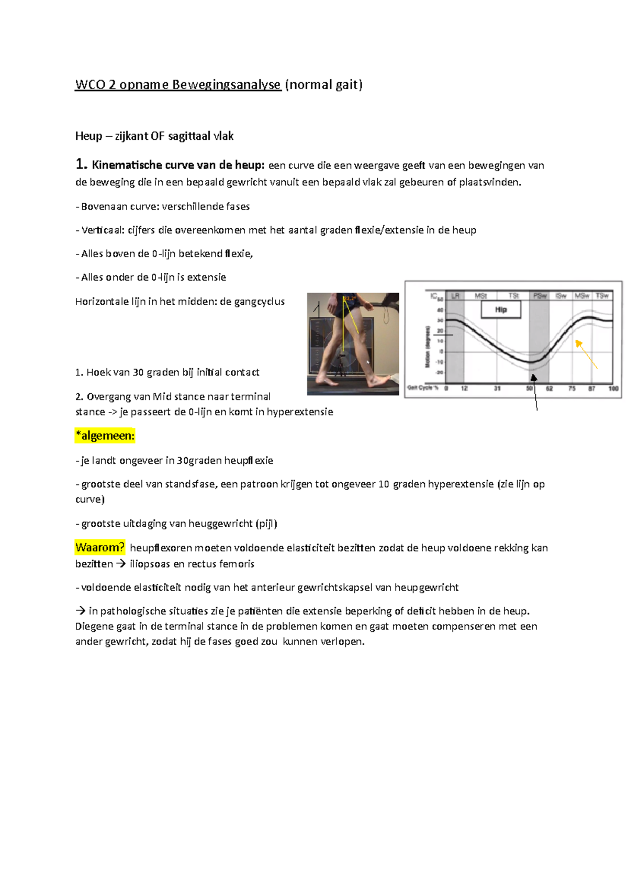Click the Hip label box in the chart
tap(501, 309)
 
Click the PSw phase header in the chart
tap(540, 296)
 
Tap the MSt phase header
tap(480, 296)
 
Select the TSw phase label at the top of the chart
tap(602, 296)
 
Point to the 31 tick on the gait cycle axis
tap(497, 388)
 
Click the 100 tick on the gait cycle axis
tap(613, 388)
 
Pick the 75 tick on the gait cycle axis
tap(572, 388)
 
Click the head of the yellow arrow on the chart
tap(578, 343)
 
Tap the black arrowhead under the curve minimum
tap(534, 377)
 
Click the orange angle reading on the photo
tap(350, 298)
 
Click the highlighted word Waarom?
tap(100, 548)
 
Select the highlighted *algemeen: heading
tap(105, 436)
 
